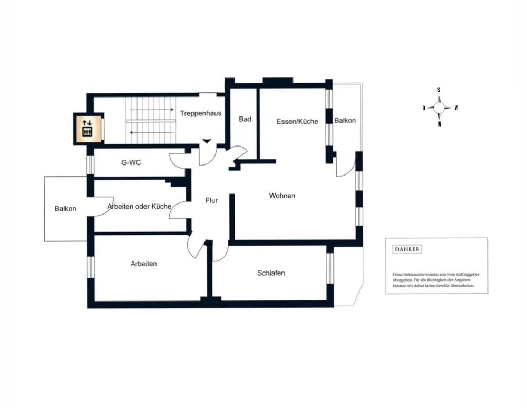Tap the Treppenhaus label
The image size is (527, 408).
(x=200, y=113)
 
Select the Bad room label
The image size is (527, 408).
(x=245, y=120)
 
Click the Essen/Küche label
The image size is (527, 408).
(x=297, y=121)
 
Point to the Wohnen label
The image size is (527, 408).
(x=282, y=196)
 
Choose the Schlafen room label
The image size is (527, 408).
(x=271, y=273)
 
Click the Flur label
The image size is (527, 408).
(x=211, y=200)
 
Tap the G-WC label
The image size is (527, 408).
(x=131, y=163)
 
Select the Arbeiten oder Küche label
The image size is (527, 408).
(x=139, y=206)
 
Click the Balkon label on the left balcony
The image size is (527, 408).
(x=65, y=209)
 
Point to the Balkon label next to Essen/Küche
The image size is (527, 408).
(x=345, y=121)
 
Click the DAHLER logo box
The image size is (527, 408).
(x=408, y=249)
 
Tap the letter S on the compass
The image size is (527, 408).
(x=438, y=90)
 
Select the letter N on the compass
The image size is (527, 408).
(x=439, y=124)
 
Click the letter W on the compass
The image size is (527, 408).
(x=456, y=108)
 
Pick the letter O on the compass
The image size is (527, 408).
(x=424, y=108)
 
